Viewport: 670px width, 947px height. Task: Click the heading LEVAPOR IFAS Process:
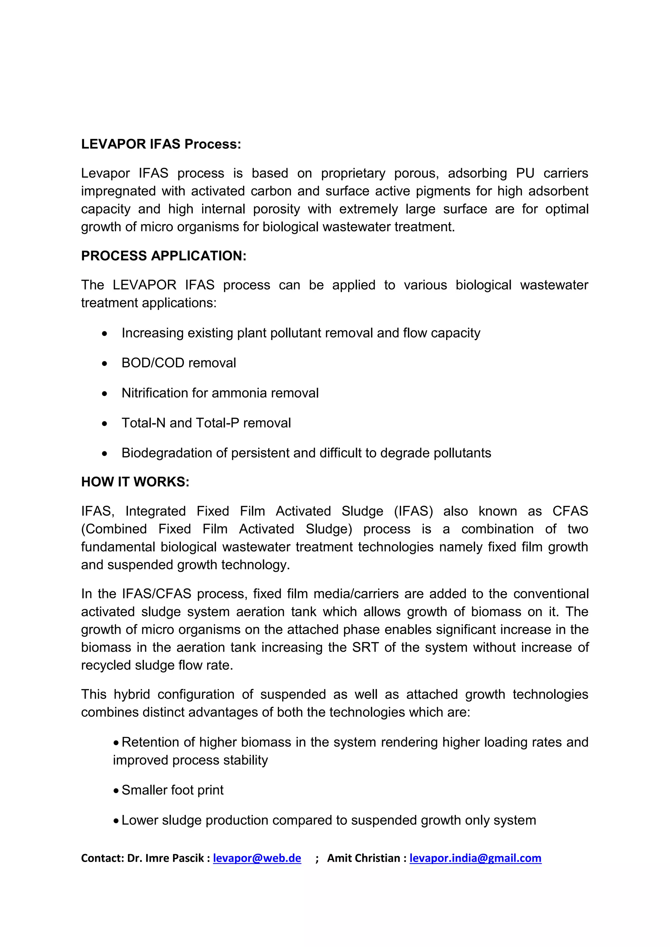tap(161, 144)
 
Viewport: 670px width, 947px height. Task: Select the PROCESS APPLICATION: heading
tap(163, 256)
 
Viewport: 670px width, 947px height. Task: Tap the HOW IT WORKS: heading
tap(135, 482)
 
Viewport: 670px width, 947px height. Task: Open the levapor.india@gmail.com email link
tap(475, 858)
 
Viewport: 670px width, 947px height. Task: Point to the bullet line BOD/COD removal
tap(179, 363)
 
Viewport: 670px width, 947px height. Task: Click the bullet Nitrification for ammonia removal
tap(220, 393)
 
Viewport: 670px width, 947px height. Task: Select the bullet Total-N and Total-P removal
tap(206, 423)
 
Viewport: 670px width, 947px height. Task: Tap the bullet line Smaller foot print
tap(172, 790)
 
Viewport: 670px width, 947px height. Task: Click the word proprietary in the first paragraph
tap(353, 173)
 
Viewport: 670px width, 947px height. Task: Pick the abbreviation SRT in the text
tap(365, 647)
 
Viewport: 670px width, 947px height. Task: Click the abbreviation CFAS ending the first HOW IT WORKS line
tap(570, 511)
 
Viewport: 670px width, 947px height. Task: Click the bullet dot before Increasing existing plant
tap(105, 333)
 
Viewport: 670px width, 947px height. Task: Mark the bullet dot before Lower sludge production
tap(117, 820)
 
